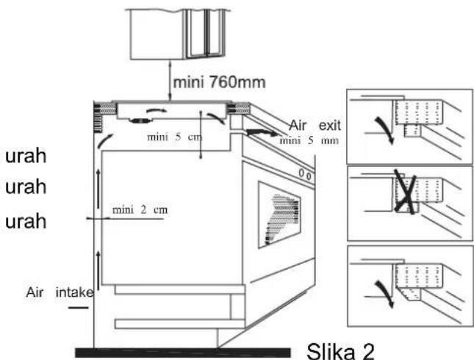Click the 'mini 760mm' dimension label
point(220,82)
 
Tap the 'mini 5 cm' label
point(174,137)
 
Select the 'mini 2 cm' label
point(140,209)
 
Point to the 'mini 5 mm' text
point(309,140)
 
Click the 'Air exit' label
point(315,125)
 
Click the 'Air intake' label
point(60,292)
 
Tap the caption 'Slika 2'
point(341,351)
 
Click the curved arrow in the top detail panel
point(385,129)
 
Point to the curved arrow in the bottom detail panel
point(385,294)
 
